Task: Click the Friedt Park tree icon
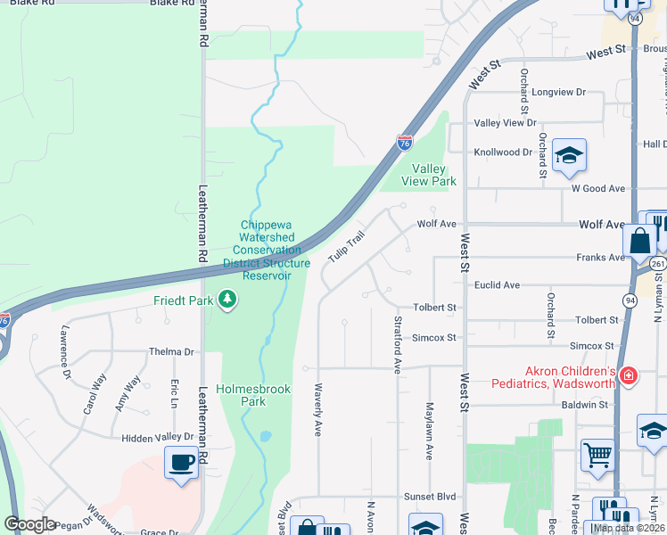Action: click(x=228, y=300)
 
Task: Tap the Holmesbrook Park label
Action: click(x=241, y=395)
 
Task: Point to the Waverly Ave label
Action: click(x=317, y=409)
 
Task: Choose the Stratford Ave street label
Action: click(x=398, y=342)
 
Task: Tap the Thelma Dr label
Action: click(x=172, y=352)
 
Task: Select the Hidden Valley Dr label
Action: click(x=158, y=437)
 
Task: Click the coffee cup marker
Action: click(x=182, y=463)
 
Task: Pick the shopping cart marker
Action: click(x=597, y=454)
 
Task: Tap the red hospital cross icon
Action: click(x=629, y=376)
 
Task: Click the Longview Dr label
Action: click(x=558, y=92)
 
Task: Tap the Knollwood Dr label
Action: click(x=503, y=152)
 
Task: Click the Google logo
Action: click(x=29, y=524)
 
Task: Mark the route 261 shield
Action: click(x=657, y=264)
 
